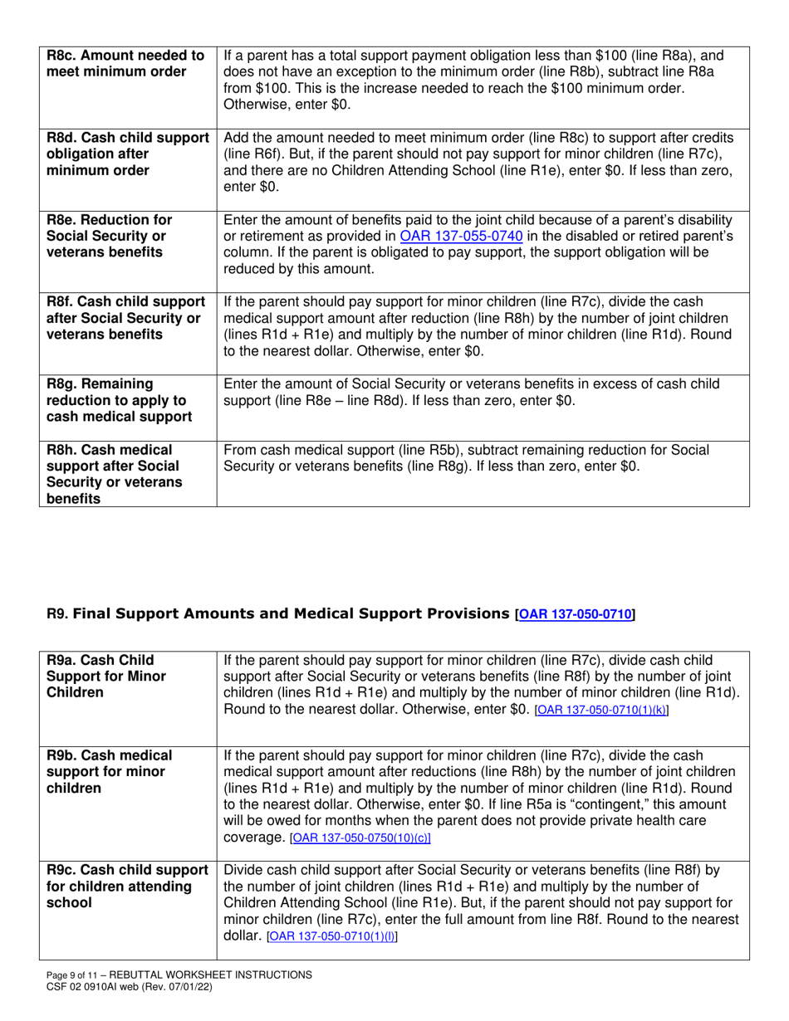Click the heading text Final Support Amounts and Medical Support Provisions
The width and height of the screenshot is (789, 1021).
tap(292, 615)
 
